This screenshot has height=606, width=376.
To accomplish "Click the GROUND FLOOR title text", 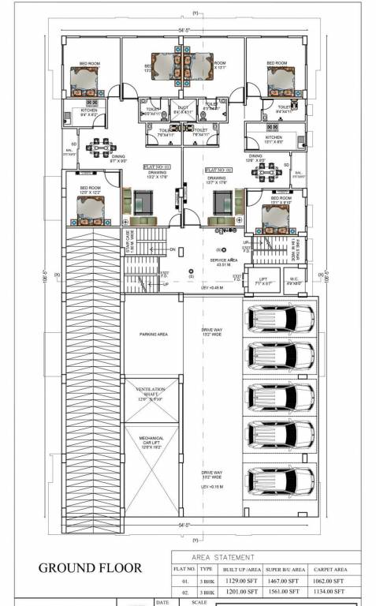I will click(x=91, y=567).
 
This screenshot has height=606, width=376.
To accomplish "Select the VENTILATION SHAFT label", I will click(x=151, y=394).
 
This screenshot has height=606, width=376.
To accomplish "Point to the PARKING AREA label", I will click(x=154, y=334).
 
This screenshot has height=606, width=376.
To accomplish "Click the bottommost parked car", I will click(x=280, y=479).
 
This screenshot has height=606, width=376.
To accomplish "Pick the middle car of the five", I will click(x=280, y=397).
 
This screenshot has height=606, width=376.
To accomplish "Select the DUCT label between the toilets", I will click(x=183, y=110).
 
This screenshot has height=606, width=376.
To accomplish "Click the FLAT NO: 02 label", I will click(x=218, y=170).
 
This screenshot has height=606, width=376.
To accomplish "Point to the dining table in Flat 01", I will click(x=101, y=147).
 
